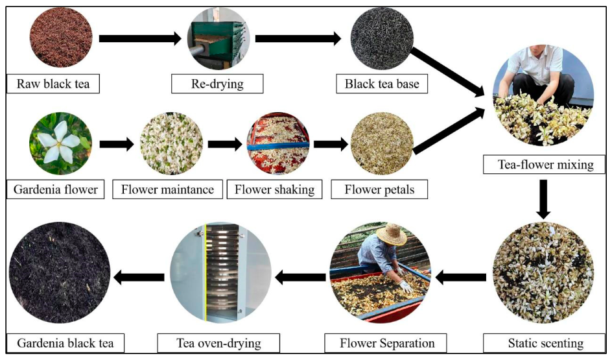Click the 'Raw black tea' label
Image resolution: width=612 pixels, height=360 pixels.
coord(53,84)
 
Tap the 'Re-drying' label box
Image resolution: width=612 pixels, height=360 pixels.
coord(217,84)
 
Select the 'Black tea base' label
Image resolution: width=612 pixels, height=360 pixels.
coord(379,84)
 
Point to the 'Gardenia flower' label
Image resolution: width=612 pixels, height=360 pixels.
coord(56,190)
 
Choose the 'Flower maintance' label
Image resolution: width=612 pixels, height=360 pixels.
coord(168,190)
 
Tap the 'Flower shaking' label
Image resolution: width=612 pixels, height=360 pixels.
coord(274,190)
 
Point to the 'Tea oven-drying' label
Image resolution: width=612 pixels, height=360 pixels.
coord(219,342)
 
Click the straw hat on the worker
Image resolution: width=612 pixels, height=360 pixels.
coord(392,234)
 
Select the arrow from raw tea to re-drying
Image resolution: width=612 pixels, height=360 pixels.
coord(140,39)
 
